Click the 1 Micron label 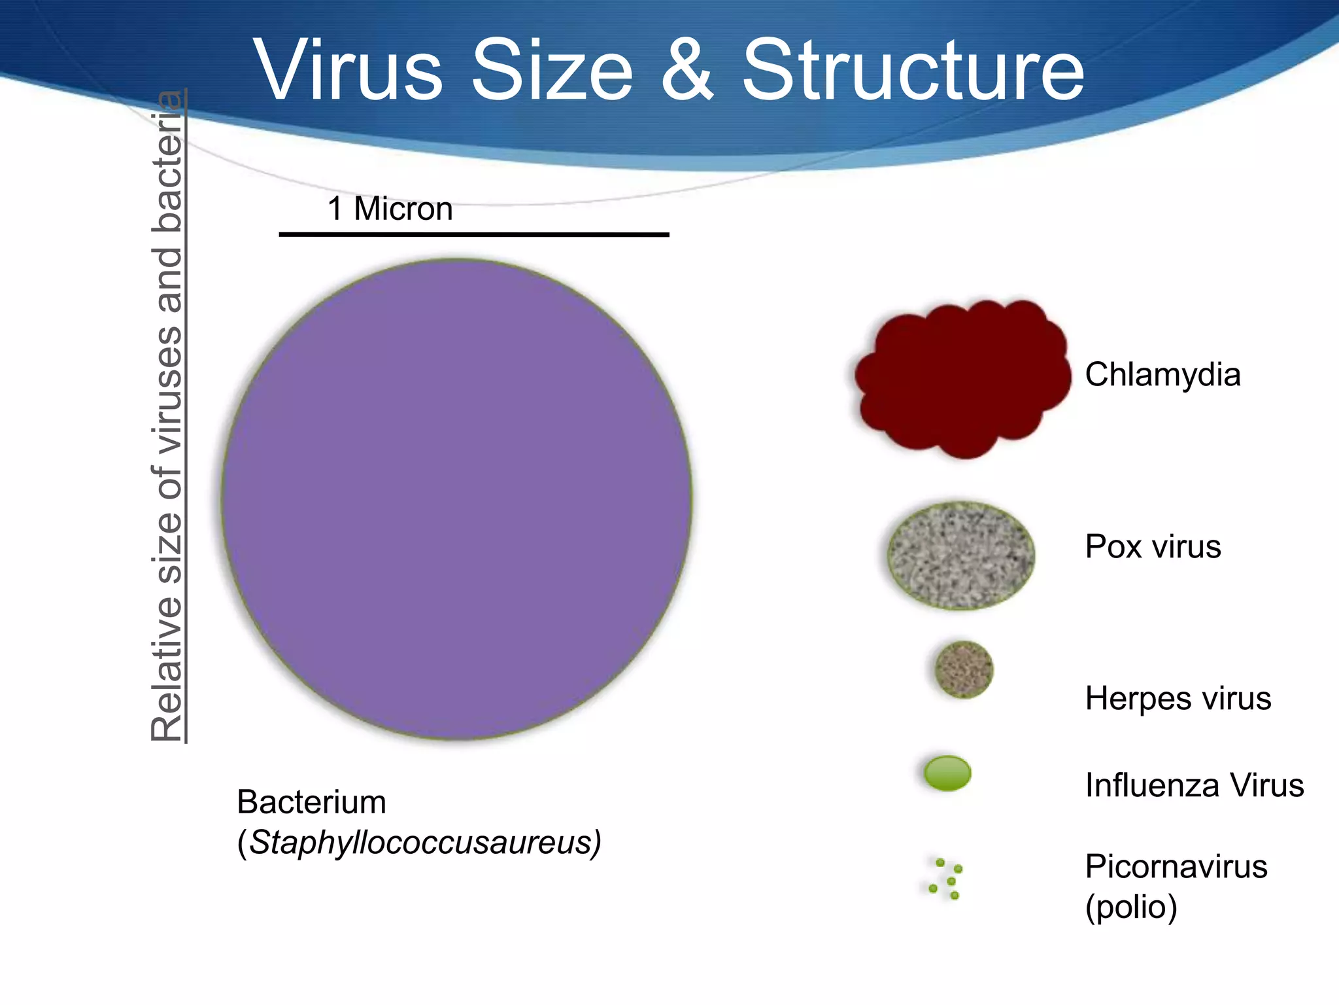coord(390,209)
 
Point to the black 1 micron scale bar coord(473,234)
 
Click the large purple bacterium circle coord(456,499)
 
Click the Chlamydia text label coord(1162,375)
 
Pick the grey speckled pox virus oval coord(960,555)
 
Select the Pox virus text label coord(1153,546)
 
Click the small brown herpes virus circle coord(963,669)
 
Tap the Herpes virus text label coord(1178,698)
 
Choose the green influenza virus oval coord(947,773)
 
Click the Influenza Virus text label coord(1195,785)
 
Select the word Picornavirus coord(1176,866)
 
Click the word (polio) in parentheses coord(1131,907)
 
